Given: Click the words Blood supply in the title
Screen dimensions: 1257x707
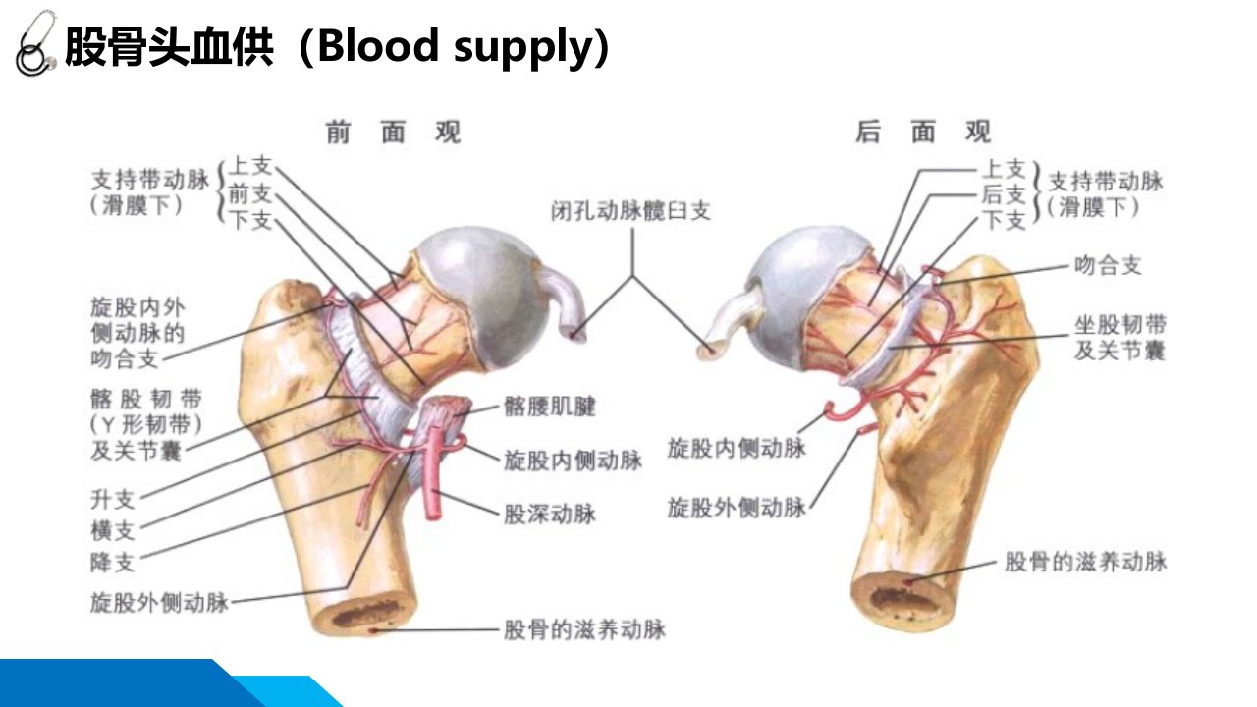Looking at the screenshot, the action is (x=456, y=46).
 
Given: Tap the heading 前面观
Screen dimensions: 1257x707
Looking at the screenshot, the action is (x=394, y=133).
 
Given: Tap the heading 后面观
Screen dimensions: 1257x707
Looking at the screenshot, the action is (x=923, y=133).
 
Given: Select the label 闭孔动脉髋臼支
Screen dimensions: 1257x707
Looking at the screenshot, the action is (x=630, y=211).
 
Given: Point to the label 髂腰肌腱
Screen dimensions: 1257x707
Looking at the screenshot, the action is (x=550, y=407).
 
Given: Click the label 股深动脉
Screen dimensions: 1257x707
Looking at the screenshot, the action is (x=550, y=514).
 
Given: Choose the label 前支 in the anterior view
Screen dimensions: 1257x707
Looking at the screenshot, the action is (x=250, y=194).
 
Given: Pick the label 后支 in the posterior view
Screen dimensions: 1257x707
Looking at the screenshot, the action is (x=1004, y=194).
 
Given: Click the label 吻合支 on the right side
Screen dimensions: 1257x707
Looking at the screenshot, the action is (x=1108, y=265).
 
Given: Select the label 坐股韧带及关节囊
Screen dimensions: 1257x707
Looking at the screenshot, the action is (x=1120, y=338).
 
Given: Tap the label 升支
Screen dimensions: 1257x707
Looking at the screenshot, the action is (x=113, y=499).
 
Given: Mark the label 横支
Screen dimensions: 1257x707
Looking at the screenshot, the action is (x=113, y=530).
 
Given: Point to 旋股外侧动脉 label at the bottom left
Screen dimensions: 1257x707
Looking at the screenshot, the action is (x=159, y=603).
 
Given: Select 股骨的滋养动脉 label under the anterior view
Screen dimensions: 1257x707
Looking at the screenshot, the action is (x=584, y=629).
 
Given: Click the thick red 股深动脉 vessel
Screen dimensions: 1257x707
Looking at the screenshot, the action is (x=432, y=472).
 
